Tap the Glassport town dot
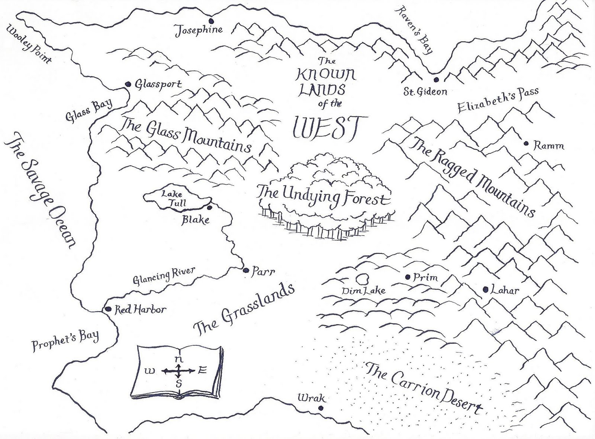[x=128, y=84]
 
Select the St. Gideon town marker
[x=436, y=80]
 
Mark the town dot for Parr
[x=245, y=270]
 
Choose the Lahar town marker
[x=486, y=289]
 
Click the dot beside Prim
[x=408, y=277]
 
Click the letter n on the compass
[x=179, y=359]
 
